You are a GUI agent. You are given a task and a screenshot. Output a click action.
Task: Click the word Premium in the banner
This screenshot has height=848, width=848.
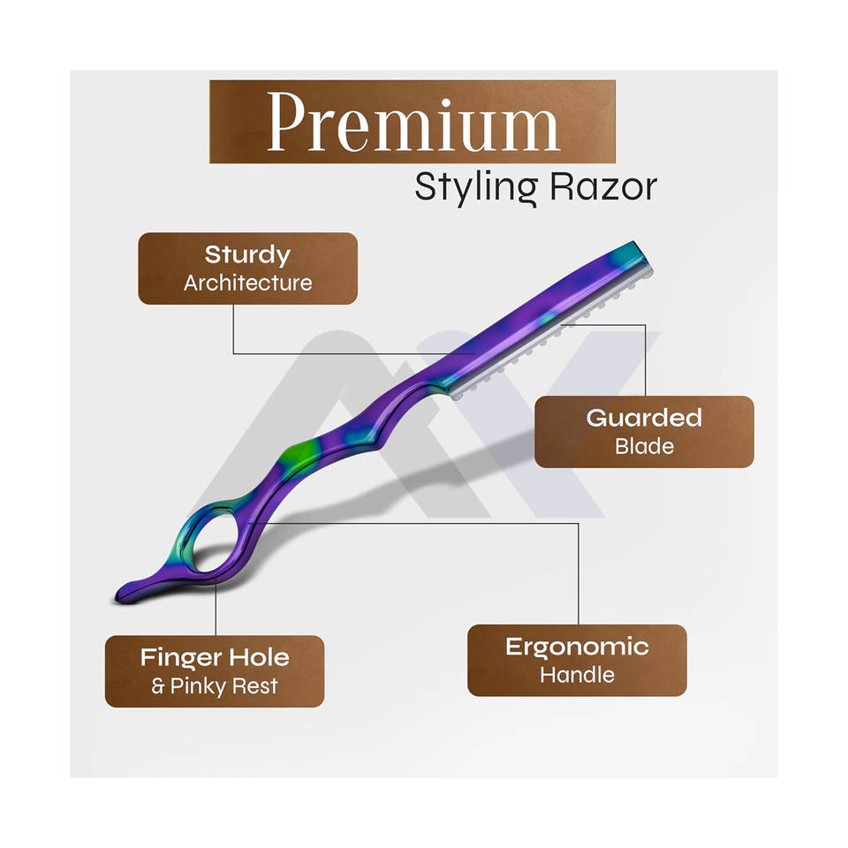click(413, 121)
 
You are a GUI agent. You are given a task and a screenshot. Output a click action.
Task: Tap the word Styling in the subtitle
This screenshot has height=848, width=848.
click(464, 187)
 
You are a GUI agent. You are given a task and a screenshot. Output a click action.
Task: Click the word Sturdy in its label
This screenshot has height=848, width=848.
click(247, 255)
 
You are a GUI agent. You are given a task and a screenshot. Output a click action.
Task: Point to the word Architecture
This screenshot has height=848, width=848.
click(247, 284)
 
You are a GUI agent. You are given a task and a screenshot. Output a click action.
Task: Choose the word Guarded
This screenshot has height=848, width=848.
click(644, 418)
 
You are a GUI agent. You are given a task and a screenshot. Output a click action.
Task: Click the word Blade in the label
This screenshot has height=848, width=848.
click(644, 446)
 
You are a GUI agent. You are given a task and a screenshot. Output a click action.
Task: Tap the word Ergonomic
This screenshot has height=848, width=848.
click(576, 647)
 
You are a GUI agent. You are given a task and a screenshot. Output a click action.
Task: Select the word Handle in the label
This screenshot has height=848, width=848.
click(576, 676)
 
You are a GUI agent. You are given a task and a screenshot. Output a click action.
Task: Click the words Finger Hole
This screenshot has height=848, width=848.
click(215, 657)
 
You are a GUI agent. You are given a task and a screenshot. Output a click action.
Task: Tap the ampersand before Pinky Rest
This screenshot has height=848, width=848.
click(157, 686)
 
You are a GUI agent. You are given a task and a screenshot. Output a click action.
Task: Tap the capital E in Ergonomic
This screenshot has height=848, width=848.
click(513, 647)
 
